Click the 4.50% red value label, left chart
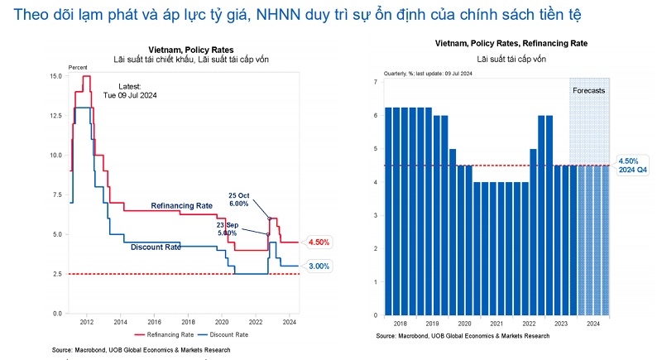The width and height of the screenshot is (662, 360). point(319,242)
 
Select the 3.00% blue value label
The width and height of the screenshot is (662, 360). point(319,266)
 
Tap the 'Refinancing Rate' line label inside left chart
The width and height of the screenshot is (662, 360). point(182,204)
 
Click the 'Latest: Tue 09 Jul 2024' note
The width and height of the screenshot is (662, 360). point(130,90)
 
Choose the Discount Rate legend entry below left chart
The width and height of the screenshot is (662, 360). point(227,334)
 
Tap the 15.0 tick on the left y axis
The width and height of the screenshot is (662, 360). point(56,76)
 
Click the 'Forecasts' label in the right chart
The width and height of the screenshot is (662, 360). point(589,90)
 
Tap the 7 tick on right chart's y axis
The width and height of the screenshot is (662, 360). point(376,82)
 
